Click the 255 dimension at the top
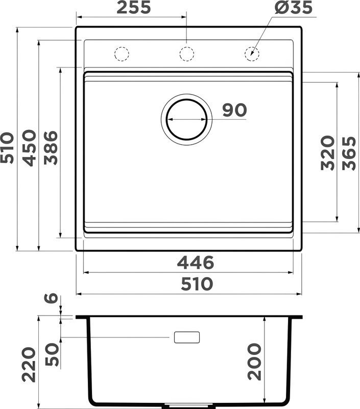(x=134, y=7)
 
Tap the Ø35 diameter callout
(x=293, y=7)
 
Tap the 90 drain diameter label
(x=234, y=110)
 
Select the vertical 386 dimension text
(x=51, y=148)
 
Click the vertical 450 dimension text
(x=29, y=148)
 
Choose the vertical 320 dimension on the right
(x=328, y=152)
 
